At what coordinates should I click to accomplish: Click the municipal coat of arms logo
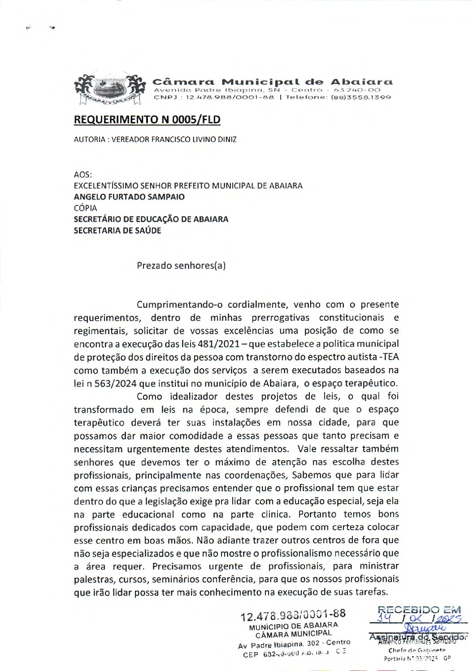110,90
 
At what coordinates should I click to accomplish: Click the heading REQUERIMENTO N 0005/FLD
147,120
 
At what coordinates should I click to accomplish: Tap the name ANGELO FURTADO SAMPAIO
129,197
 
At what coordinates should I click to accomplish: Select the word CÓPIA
85,208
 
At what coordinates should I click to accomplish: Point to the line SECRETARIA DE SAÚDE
117,231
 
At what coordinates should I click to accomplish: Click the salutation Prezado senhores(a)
181,266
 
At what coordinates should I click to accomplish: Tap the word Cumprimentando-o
180,305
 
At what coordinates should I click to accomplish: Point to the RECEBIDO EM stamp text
420,610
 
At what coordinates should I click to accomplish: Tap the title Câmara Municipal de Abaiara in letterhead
273,82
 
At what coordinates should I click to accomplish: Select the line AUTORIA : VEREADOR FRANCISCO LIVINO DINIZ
155,139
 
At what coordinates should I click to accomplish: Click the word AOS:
83,175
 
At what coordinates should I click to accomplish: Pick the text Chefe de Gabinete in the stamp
417,650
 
